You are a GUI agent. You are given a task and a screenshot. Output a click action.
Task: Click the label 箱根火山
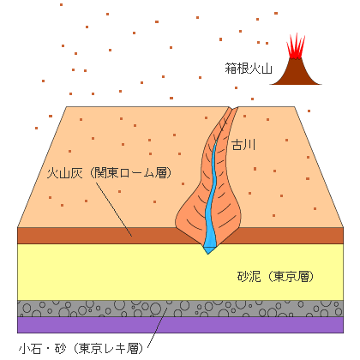click(x=249, y=69)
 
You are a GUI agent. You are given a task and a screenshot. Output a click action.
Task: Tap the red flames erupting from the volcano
click(x=296, y=46)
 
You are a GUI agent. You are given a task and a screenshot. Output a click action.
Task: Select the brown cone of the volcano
click(x=296, y=72)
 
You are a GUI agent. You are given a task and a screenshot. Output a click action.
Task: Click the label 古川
click(x=243, y=145)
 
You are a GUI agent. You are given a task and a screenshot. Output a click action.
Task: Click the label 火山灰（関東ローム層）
click(x=109, y=173)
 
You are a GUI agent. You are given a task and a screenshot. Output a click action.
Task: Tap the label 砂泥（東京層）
click(x=275, y=276)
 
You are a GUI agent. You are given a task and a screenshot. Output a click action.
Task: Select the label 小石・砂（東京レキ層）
click(x=81, y=348)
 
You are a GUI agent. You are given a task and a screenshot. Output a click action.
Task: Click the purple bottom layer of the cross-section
click(x=180, y=325)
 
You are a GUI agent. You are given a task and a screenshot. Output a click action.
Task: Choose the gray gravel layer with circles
click(x=180, y=309)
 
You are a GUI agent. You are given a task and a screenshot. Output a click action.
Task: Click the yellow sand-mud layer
click(x=114, y=272)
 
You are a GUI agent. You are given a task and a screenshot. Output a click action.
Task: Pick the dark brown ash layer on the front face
click(x=86, y=236)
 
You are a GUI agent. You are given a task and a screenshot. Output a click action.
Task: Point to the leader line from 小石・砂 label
click(x=157, y=327)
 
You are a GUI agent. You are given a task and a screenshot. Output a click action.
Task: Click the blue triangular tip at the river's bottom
click(x=208, y=250)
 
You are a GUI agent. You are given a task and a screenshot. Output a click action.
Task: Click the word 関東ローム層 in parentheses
click(x=131, y=173)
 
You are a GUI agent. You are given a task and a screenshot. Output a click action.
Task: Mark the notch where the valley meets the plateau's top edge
click(x=233, y=109)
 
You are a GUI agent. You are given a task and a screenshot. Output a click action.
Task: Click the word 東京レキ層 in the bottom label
click(x=111, y=348)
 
